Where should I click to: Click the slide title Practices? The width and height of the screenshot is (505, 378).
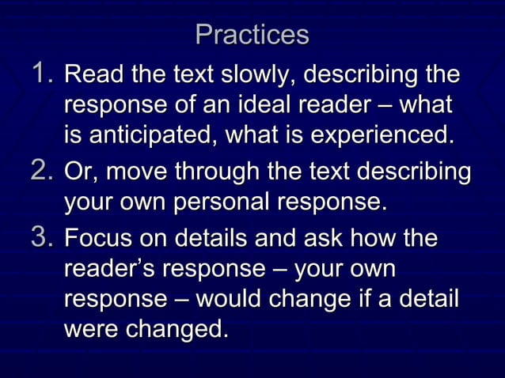click(x=252, y=36)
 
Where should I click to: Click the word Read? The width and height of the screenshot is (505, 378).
click(x=89, y=77)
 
